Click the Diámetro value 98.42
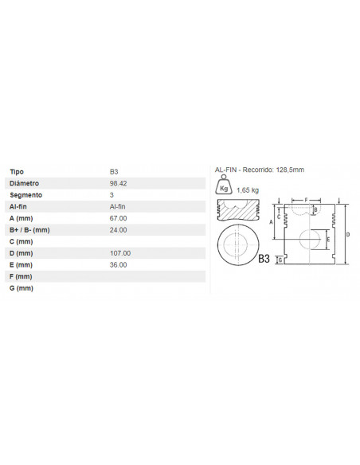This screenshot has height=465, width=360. tap(119, 184)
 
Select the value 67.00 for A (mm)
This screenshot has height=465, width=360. tap(119, 218)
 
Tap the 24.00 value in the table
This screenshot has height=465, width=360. tap(119, 230)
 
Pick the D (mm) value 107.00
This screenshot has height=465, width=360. tap(120, 253)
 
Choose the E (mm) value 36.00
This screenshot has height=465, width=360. tap(119, 265)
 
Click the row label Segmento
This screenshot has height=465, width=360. tap(25, 195)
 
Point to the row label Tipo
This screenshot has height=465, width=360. tap(17, 172)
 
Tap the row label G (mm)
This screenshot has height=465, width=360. tap(22, 288)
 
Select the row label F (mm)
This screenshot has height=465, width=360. tap(21, 277)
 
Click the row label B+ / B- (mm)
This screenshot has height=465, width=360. tap(29, 230)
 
